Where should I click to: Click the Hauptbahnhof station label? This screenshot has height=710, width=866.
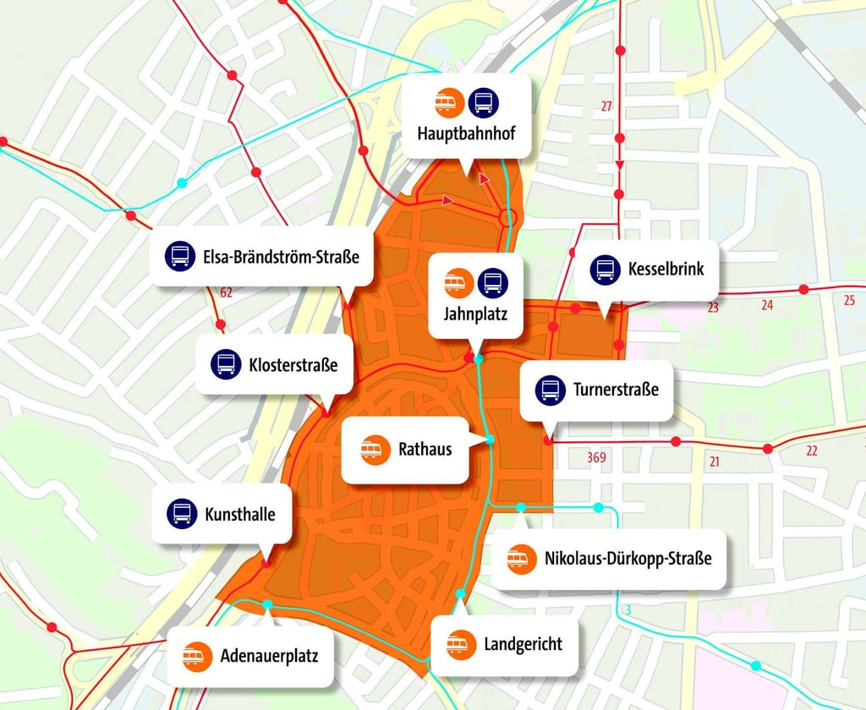[466, 133]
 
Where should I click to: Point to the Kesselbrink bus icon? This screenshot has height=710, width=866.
[605, 270]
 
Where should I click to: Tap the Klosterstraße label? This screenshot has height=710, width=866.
[293, 365]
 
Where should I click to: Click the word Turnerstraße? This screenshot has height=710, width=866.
[617, 390]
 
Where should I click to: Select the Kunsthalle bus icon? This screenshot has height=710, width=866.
[182, 513]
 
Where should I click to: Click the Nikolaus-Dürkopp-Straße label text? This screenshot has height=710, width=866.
[628, 559]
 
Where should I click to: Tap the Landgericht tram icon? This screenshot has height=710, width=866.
[461, 645]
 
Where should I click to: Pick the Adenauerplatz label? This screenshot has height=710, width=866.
[269, 655]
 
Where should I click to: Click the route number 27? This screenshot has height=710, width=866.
[606, 106]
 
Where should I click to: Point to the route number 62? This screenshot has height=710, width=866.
[226, 293]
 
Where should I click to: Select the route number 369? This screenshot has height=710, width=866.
[596, 458]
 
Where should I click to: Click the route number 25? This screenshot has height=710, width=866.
[849, 299]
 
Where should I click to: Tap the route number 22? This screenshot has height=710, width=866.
[811, 451]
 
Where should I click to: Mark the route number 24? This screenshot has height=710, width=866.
[767, 305]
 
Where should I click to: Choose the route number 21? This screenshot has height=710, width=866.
[715, 461]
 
